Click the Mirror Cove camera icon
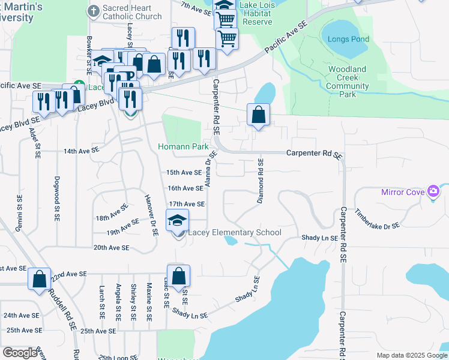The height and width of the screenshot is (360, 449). click(433, 191)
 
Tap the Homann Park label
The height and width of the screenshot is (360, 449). click(183, 146)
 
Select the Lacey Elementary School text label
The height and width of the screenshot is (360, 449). click(235, 233)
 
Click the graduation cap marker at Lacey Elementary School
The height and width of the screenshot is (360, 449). click(178, 221)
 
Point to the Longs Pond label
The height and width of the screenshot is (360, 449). click(348, 40)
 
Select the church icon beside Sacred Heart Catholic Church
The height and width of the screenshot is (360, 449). click(93, 11)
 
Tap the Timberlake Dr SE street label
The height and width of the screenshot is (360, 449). click(376, 219)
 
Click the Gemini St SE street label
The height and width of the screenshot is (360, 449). click(20, 210)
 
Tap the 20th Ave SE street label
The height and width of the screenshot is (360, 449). click(111, 247)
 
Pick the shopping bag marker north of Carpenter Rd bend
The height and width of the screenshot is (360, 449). click(258, 115)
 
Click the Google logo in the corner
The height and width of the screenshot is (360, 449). click(20, 353)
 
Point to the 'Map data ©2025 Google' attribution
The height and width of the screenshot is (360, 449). click(412, 355)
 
